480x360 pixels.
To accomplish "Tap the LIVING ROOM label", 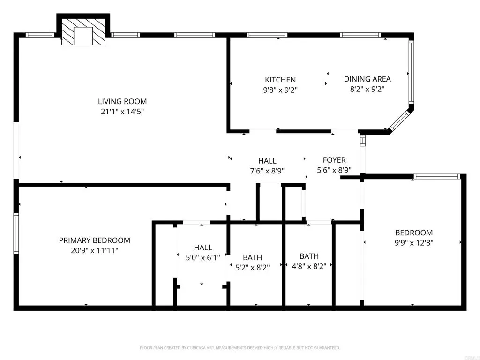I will click(122, 101).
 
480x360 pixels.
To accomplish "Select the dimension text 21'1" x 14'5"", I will click(122, 112).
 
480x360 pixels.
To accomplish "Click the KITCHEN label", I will click(280, 80).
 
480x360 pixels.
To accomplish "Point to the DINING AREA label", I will click(367, 79).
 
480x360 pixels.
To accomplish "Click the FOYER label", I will click(334, 160).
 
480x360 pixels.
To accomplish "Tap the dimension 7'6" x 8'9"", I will click(267, 171).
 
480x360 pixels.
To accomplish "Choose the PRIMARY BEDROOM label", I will click(94, 240).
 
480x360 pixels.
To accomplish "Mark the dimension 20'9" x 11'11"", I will click(94, 250).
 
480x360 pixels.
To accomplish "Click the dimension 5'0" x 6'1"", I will click(202, 257).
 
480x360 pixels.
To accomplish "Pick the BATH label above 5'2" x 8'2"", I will click(252, 257).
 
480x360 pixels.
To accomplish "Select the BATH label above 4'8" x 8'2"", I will click(309, 256).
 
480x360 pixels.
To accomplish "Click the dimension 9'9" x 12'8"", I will click(414, 243).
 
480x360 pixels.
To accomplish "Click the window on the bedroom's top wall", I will click(437, 177).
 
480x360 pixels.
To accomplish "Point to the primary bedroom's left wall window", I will click(16, 233).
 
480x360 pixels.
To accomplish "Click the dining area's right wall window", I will click(411, 72).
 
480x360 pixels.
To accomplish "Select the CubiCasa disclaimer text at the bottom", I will click(240, 348).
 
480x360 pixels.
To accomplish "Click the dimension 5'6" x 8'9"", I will click(334, 170).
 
